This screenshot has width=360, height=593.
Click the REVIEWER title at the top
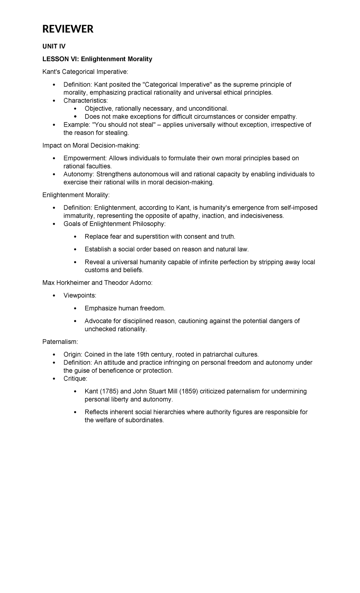click(x=68, y=29)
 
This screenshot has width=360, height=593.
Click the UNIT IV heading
click(x=54, y=46)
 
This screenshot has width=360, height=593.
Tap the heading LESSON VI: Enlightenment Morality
click(x=97, y=59)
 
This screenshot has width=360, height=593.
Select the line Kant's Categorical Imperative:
click(x=85, y=72)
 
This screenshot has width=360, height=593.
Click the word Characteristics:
click(x=85, y=100)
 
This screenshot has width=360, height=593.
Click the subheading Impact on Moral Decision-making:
click(x=91, y=146)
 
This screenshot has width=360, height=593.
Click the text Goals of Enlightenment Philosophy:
click(x=114, y=224)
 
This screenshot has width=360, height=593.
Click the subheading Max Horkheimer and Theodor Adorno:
click(x=97, y=283)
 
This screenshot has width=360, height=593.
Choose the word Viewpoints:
click(x=80, y=296)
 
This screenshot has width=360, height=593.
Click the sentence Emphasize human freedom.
click(x=125, y=308)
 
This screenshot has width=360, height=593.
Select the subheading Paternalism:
click(x=60, y=342)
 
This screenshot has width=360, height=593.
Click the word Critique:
click(x=75, y=379)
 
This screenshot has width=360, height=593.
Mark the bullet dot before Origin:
click(x=54, y=354)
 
